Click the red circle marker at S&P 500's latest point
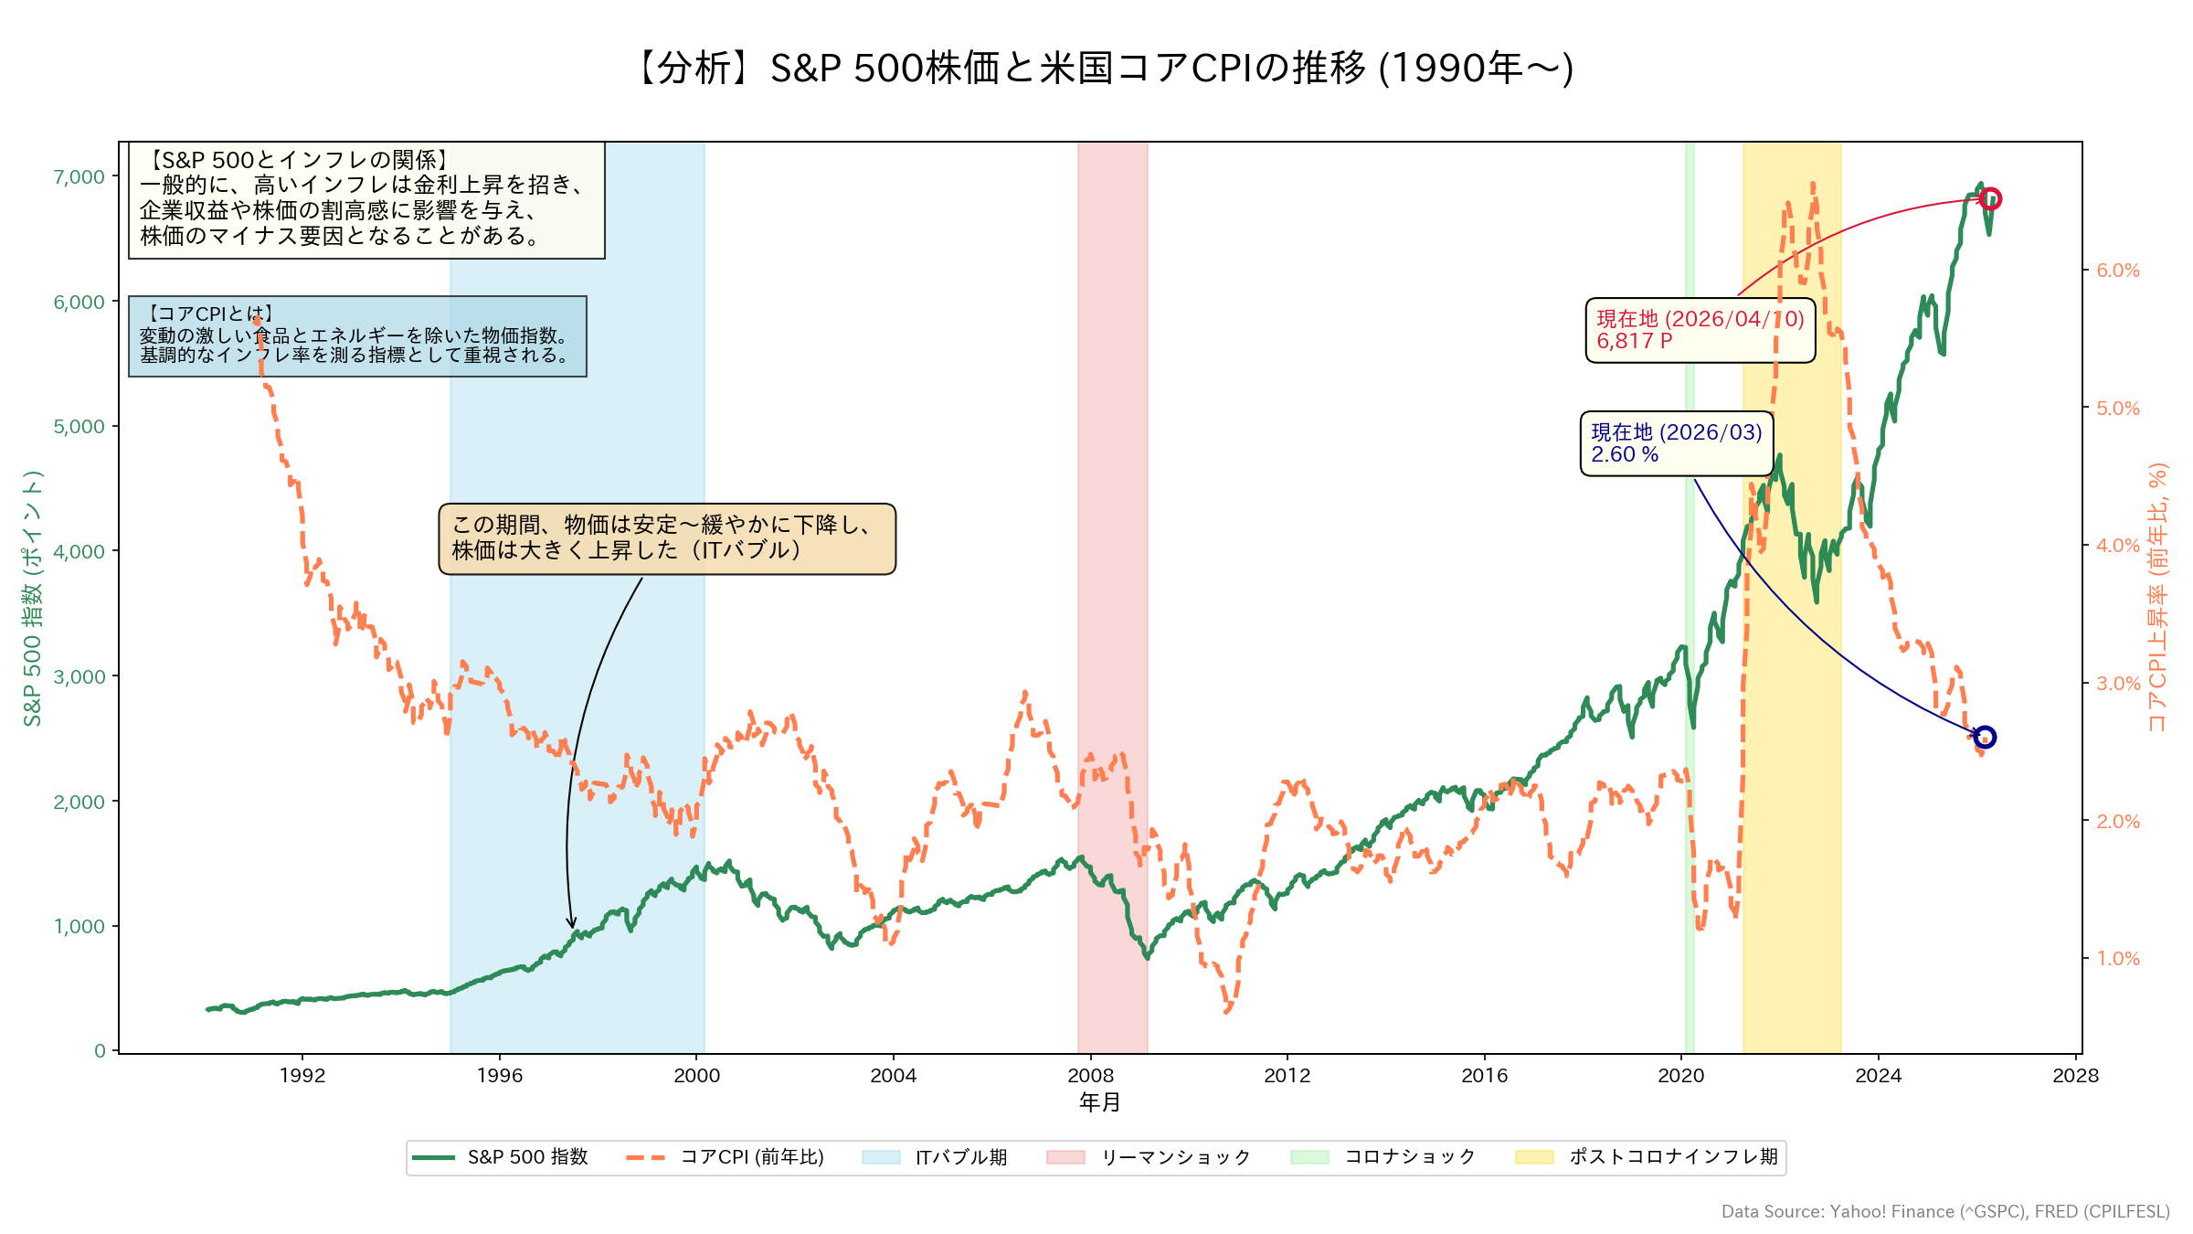coord(1990,198)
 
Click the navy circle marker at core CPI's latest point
coord(1984,737)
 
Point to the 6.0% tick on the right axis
coord(2117,271)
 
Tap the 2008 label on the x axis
coord(1090,1075)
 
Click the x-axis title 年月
coord(1099,1102)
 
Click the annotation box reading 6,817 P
coord(1700,330)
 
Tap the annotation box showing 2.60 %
coord(1676,443)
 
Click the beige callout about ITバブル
coord(667,538)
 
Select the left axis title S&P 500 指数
coord(33,598)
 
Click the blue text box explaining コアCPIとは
coord(357,335)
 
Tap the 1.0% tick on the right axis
coord(2117,958)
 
